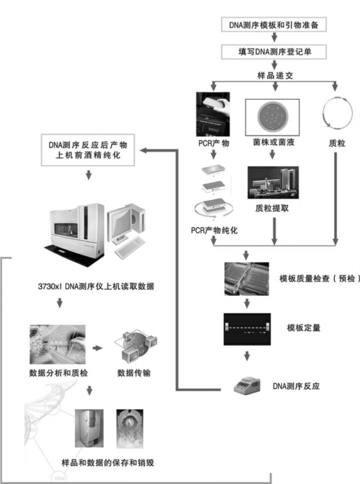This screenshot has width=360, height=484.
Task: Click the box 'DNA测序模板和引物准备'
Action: [x=274, y=25]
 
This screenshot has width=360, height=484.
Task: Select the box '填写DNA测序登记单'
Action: [x=274, y=52]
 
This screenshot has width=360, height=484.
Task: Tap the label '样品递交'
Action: [x=275, y=75]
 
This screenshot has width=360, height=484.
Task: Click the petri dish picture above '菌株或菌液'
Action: [x=272, y=117]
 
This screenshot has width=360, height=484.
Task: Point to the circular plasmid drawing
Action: [x=337, y=113]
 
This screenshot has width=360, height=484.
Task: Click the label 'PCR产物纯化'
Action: [x=214, y=230]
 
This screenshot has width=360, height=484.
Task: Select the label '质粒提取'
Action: [x=272, y=208]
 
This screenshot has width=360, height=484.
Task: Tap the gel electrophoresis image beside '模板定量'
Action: [x=247, y=329]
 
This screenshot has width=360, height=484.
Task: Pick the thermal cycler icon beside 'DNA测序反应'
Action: [x=247, y=385]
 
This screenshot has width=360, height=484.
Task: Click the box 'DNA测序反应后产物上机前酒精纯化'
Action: [x=88, y=150]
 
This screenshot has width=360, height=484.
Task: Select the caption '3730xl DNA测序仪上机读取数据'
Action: [x=96, y=286]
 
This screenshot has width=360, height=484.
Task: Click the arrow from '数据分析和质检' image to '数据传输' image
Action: [x=98, y=348]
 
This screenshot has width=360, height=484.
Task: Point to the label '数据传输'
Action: [x=134, y=373]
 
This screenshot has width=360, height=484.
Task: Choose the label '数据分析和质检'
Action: [x=58, y=373]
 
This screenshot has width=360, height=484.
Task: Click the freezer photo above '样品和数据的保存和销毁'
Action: [x=89, y=428]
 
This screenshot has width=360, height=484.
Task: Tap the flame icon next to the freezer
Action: [x=130, y=428]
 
